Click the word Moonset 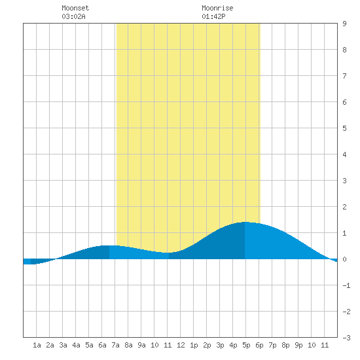coord(75,8)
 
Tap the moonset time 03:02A coord(73,16)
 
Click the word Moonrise coord(217,8)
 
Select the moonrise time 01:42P coord(213,16)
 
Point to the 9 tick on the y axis coord(344,24)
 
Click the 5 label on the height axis coord(344,128)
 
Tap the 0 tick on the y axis coord(344,259)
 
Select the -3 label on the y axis coord(346,338)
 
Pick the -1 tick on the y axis coord(346,285)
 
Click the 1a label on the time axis coord(37,345)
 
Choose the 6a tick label coord(102,345)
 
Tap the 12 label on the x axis coord(181,345)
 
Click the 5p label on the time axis coord(246,345)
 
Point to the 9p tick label coord(298,345)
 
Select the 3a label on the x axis coord(63,345)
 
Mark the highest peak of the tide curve coord(245,222)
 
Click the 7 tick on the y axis coord(344,76)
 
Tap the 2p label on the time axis coord(207,345)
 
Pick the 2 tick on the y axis coord(344,207)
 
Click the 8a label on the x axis coord(128,345)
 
